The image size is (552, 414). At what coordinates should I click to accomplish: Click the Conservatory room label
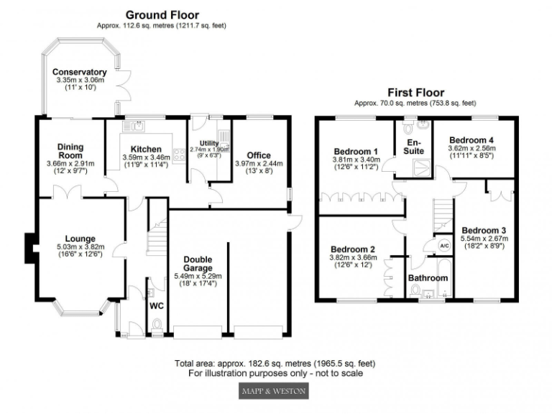pos(80,72)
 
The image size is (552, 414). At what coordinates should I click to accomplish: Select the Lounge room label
pos(80,239)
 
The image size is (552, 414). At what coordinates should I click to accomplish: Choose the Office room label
pos(258,155)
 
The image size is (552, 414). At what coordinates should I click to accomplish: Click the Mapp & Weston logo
pos(272,391)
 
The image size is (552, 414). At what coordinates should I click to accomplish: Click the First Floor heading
pos(415,92)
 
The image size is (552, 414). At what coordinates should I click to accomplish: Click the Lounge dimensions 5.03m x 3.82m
pos(80,249)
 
